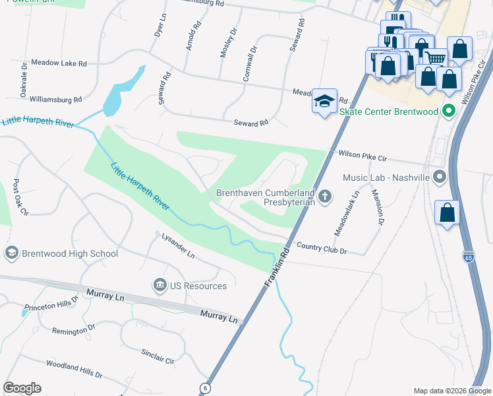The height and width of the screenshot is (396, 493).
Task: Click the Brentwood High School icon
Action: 11,253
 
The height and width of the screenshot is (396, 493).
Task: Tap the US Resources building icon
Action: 159,286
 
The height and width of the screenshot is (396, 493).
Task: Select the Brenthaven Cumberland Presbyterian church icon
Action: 324,196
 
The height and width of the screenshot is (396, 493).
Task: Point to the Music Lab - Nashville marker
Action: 441,178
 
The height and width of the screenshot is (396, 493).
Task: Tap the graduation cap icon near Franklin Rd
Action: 324,102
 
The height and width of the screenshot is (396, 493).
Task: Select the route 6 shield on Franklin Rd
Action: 205,387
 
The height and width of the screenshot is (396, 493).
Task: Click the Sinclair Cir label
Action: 158,356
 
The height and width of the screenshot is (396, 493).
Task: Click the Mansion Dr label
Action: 377,208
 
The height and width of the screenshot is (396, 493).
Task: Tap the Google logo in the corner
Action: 22,388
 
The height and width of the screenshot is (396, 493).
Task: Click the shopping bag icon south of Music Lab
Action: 448,213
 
